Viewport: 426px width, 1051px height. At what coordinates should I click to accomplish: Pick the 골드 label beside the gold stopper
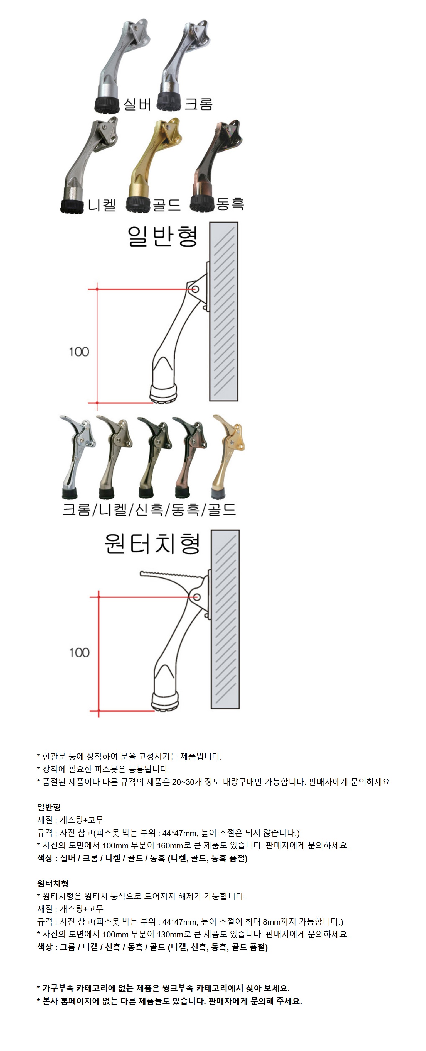tap(166, 204)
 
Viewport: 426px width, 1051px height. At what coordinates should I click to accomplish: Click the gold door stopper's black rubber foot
tap(139, 204)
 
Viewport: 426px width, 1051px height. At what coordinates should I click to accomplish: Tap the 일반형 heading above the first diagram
tap(163, 236)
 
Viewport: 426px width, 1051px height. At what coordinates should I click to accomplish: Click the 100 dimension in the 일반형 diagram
tap(79, 352)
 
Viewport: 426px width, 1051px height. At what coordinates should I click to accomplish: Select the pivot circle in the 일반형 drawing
tap(195, 289)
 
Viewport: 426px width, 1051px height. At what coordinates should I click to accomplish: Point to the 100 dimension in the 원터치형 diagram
tap(79, 652)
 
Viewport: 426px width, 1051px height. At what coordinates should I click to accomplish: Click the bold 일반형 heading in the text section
tap(49, 807)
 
